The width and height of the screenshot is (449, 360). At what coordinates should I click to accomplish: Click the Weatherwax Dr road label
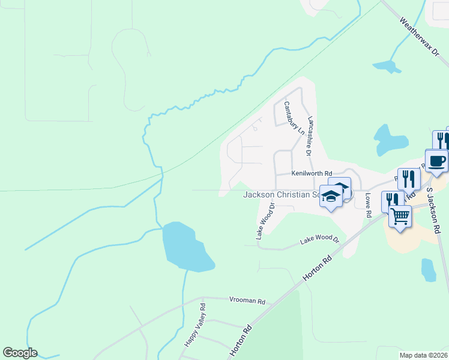click(x=420, y=37)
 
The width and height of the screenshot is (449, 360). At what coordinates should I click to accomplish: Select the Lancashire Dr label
click(x=310, y=136)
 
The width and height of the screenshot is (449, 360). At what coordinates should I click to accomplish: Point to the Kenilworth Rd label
click(x=312, y=173)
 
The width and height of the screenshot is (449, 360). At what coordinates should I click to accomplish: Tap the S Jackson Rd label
click(x=434, y=211)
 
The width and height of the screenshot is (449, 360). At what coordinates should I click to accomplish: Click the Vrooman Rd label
click(x=246, y=300)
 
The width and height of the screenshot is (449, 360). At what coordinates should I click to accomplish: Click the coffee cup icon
click(x=436, y=160)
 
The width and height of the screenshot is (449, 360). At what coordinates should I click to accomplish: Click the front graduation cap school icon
click(x=331, y=196)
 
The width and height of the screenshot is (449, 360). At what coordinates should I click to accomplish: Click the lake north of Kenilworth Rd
click(x=390, y=140)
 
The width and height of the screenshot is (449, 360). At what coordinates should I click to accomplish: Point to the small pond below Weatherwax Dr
click(x=387, y=65)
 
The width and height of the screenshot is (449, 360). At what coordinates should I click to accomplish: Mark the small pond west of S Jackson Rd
click(x=429, y=270)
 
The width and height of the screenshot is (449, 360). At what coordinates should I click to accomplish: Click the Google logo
click(x=20, y=353)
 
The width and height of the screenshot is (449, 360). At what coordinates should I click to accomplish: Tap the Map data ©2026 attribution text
click(x=423, y=355)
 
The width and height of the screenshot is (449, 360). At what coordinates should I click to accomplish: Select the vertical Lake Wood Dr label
click(x=265, y=221)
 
